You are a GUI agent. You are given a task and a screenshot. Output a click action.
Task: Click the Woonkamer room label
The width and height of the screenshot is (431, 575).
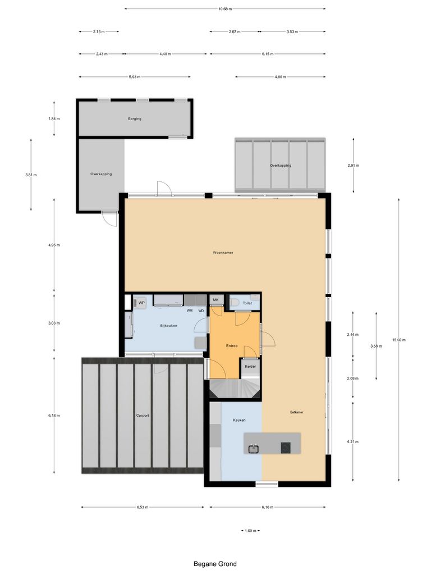[223, 253]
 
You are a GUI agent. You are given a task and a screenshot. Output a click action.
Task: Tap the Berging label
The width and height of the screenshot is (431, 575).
[134, 119]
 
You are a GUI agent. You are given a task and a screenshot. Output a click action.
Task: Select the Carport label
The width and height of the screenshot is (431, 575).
[143, 416]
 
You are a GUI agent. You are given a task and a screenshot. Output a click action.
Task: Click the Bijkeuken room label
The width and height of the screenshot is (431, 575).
[169, 326]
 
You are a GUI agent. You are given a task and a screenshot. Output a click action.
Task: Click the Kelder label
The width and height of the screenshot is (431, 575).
[250, 367]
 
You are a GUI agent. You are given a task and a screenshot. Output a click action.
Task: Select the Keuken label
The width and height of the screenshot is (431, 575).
[240, 420]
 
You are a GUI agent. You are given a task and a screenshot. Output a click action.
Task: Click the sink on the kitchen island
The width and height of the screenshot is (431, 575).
[254, 448]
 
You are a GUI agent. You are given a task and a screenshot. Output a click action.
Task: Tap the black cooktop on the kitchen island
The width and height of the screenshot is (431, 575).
[286, 448]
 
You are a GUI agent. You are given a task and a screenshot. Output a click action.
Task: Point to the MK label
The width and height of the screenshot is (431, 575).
[215, 300]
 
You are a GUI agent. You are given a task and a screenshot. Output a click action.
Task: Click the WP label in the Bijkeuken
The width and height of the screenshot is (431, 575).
[142, 303]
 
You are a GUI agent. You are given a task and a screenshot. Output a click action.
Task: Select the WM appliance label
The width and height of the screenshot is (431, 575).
[190, 310]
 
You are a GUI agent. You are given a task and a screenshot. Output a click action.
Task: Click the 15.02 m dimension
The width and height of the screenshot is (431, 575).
[398, 340]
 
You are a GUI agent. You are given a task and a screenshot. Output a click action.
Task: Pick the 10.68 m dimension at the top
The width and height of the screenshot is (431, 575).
[224, 9]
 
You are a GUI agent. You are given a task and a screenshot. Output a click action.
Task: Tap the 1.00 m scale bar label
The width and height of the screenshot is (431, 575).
[250, 531]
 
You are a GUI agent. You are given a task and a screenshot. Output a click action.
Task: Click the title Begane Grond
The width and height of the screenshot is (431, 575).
[215, 564]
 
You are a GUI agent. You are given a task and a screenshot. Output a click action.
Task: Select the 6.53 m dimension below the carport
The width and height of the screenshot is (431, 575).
[143, 507]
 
